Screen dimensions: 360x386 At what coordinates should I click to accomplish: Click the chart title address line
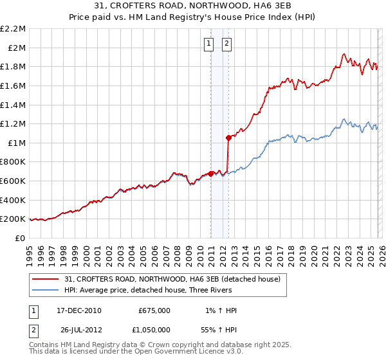pos(192,6)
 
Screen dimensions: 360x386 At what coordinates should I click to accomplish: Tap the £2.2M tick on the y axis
pos(14,29)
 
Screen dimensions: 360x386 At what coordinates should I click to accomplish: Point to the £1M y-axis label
pos(17,143)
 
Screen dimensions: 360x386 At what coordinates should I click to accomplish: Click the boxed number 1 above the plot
pos(209,44)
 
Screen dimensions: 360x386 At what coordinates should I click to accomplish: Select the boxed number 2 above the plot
pos(228,44)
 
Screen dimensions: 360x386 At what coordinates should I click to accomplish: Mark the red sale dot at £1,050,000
pos(228,137)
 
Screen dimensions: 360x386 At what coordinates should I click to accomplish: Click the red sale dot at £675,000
pos(210,173)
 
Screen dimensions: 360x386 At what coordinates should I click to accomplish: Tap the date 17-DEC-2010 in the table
pos(79,310)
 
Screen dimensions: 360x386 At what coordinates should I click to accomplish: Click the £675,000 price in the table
pos(154,310)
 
